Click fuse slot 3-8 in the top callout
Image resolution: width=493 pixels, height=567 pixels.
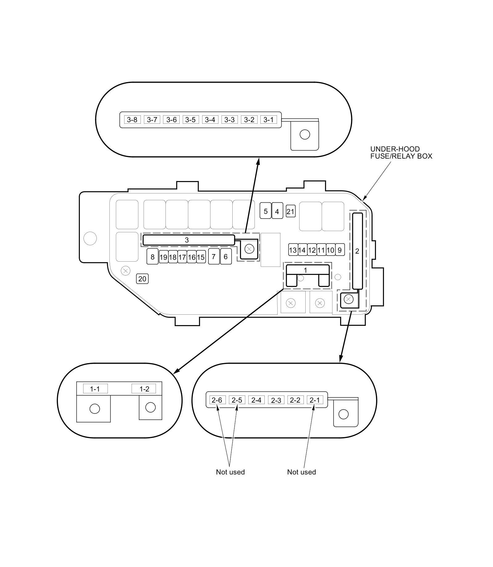pos(132,120)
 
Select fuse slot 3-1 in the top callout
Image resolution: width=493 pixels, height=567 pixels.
pos(268,120)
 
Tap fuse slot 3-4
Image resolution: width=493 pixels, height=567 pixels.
pos(210,120)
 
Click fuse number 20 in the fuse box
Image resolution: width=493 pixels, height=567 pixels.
pos(142,279)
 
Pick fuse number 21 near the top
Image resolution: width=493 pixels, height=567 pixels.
pos(290,212)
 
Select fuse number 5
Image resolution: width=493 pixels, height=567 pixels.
pos(265,211)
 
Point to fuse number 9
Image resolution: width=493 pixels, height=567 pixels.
pos(340,250)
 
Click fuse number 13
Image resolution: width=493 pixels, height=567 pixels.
pos(293,250)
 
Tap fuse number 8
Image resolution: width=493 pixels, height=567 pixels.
pos(153,257)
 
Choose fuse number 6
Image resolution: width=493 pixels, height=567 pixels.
pos(226,257)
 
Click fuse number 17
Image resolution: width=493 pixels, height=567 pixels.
pos(182,257)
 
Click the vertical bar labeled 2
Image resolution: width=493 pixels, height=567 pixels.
pos(357,251)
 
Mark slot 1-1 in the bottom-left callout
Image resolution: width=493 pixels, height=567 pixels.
pos(95,389)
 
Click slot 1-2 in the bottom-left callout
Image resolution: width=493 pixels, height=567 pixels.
pos(144,389)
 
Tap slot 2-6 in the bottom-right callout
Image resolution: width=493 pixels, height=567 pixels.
pos(217,400)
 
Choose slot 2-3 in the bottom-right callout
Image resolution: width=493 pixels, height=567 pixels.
pos(276,400)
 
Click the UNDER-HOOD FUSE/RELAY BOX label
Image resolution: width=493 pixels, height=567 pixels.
pos(401,153)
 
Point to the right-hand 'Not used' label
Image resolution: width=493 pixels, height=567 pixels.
pos(301,472)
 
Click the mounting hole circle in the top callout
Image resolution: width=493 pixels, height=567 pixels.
pos(305,135)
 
